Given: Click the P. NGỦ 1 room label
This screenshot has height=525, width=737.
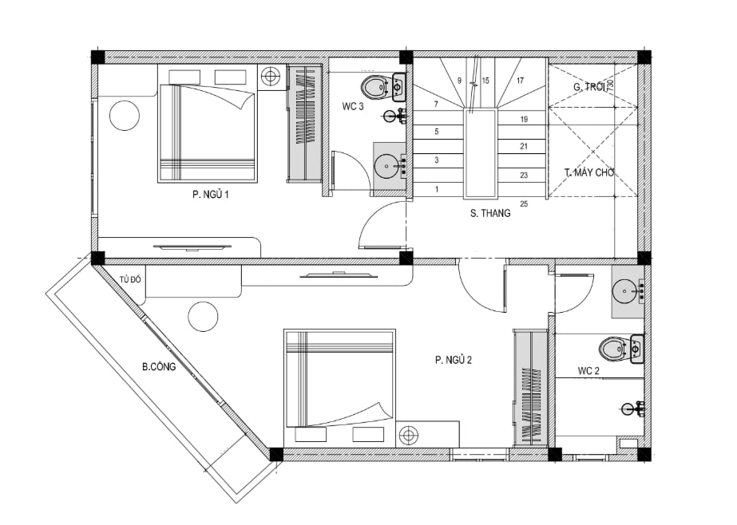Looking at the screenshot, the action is (x=210, y=195).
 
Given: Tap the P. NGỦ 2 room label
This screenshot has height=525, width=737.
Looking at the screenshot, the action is (x=453, y=360).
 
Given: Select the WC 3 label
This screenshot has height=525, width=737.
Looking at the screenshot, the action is (x=352, y=107).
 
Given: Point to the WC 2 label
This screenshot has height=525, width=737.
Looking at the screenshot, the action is (x=588, y=371).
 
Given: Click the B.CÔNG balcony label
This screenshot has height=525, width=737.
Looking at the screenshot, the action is (x=159, y=367).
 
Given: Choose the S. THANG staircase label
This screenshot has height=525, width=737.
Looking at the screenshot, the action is (x=490, y=213).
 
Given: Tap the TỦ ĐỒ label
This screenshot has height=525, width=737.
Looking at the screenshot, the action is (x=130, y=280).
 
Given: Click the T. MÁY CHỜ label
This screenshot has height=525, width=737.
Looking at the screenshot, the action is (x=589, y=173).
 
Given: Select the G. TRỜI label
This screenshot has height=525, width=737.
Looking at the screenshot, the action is (x=589, y=87).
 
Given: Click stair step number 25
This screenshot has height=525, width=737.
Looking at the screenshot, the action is (x=524, y=203).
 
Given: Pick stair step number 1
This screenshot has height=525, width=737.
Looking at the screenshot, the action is (x=437, y=190).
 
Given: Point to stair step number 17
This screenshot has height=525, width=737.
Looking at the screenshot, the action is (x=521, y=81).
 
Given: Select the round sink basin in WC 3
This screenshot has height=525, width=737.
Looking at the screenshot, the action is (x=386, y=166).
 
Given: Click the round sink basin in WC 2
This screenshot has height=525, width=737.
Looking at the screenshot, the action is (x=625, y=291).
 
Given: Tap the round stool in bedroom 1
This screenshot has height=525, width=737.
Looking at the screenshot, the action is (x=125, y=116).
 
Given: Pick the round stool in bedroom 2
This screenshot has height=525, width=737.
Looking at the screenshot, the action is (x=204, y=317).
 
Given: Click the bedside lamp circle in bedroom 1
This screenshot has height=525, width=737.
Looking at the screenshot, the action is (x=270, y=75).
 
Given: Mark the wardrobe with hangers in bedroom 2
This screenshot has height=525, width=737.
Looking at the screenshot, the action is (x=530, y=389).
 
